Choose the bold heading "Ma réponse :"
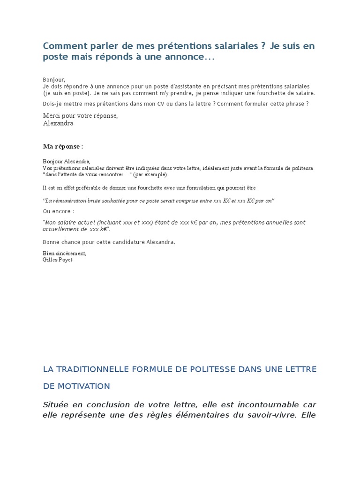[x=63, y=147]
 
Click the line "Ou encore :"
[x=59, y=211]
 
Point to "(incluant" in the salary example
[x=110, y=222]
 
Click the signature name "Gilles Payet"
[x=58, y=259]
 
